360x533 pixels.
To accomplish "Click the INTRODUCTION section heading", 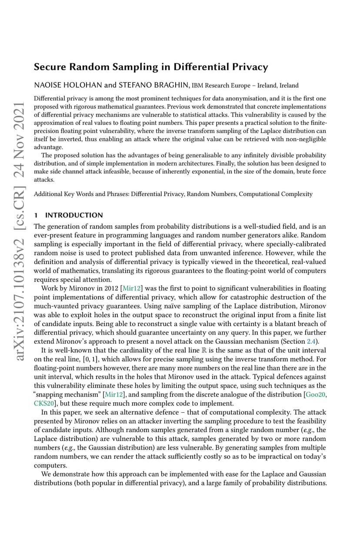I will pyautogui.click(x=74, y=215).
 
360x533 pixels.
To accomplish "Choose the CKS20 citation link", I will pyautogui.click(x=43, y=403).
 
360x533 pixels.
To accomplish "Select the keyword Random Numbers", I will pyautogui.click(x=212, y=194).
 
